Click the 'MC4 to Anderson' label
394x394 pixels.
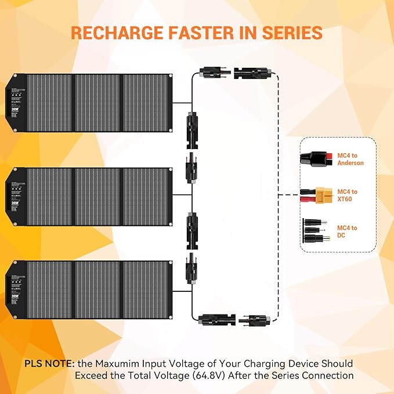point(350,160)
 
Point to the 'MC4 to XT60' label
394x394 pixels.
point(348,196)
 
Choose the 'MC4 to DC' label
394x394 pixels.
point(348,232)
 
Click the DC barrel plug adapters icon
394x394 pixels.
point(316,232)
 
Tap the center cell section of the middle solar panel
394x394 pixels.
point(97,197)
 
